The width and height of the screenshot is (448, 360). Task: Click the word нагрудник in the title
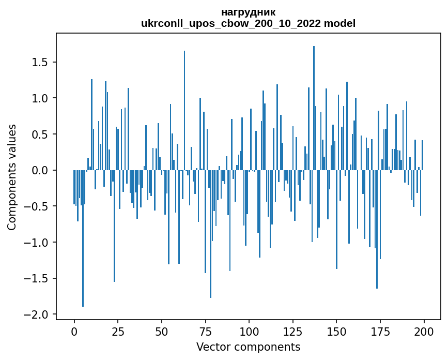[x=248, y=12]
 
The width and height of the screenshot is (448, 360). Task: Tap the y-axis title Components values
[x=12, y=177]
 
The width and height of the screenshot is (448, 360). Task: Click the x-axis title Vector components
[x=248, y=347]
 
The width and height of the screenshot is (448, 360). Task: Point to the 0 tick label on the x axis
[x=74, y=331]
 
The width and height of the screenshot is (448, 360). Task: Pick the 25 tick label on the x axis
[x=118, y=331]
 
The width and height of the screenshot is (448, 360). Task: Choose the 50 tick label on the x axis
[x=161, y=331]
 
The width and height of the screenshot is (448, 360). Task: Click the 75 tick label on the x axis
[x=205, y=331]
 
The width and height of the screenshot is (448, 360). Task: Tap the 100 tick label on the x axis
[x=249, y=331]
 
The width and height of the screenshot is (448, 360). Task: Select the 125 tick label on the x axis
[x=292, y=331]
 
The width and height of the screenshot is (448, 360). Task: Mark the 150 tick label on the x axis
[x=336, y=331]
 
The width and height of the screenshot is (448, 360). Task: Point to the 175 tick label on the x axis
[x=380, y=331]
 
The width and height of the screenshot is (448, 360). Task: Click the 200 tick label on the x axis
[x=424, y=331]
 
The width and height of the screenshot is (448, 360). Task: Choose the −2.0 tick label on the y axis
[x=37, y=314]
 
